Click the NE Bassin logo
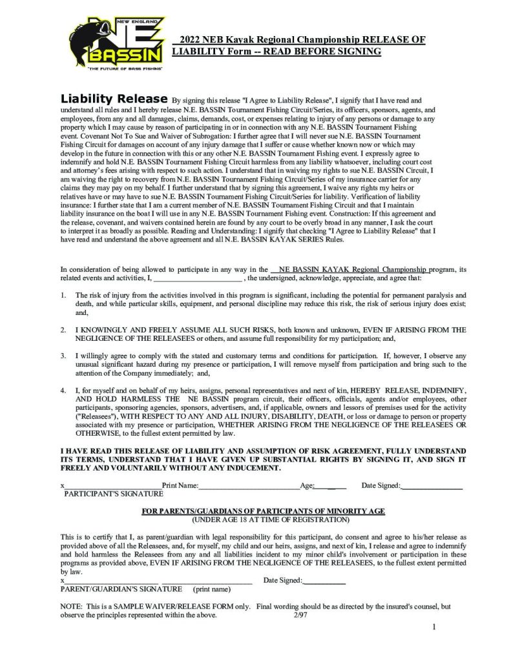click(116, 45)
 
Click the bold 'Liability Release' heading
click(114, 99)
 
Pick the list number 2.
click(63, 329)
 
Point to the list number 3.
click(63, 356)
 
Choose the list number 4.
click(63, 391)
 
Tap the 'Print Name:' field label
click(180, 485)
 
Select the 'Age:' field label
click(307, 485)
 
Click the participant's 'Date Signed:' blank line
click(432, 485)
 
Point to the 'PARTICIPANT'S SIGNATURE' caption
click(114, 493)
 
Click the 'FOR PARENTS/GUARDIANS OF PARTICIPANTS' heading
click(264, 511)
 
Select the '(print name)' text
click(211, 589)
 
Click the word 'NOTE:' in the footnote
click(71, 607)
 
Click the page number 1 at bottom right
click(434, 627)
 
